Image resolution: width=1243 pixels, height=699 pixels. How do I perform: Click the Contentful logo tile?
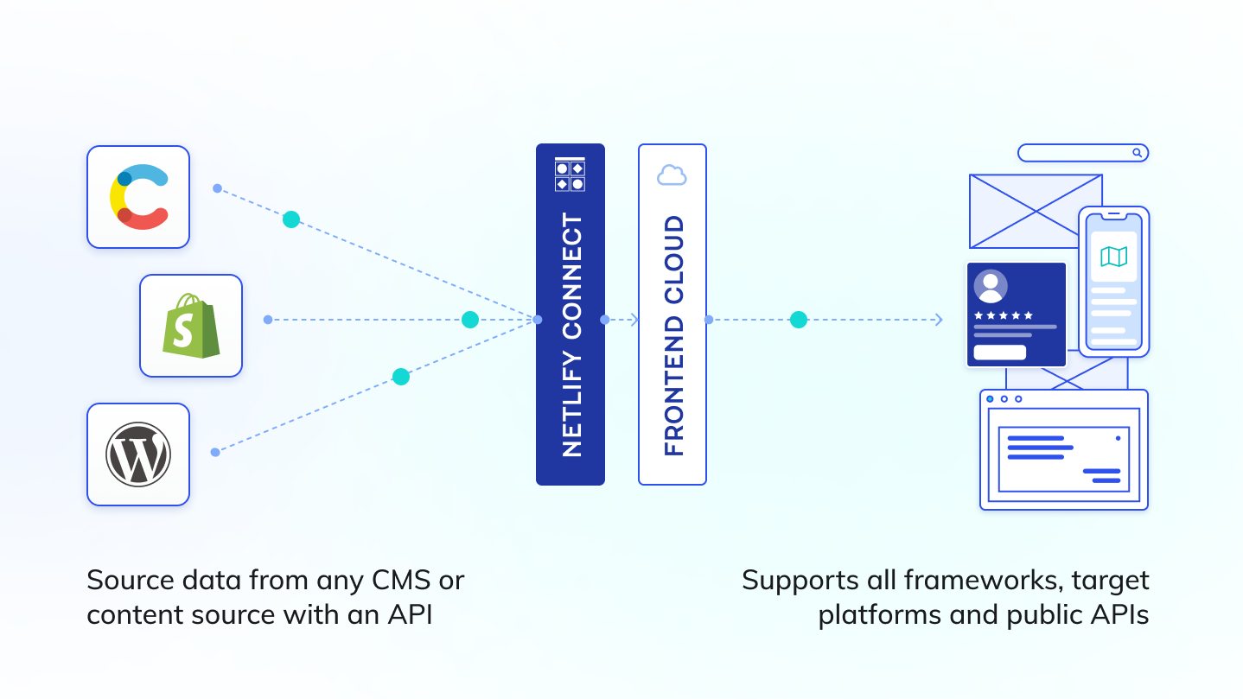coord(138,197)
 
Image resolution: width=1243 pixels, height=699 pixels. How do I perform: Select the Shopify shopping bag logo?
coord(191,326)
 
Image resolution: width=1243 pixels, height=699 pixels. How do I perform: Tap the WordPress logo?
coord(138,454)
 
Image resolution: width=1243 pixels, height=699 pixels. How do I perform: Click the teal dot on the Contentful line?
coord(291,219)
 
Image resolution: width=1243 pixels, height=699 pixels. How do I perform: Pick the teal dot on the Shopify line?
coord(470,320)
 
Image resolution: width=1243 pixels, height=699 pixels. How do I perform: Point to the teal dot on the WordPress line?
coord(400,377)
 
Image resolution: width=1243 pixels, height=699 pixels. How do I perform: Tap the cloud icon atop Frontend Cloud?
coord(672,175)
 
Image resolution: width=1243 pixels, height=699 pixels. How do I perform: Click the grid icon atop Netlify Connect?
coord(570,175)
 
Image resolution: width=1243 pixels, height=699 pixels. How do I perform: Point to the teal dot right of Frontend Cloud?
coord(799,320)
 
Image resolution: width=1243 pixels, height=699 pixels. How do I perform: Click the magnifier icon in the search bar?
coord(1138,153)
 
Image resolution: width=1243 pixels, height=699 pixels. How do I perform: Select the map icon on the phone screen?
coord(1113,257)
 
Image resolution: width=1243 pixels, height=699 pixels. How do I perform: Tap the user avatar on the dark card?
coord(991,286)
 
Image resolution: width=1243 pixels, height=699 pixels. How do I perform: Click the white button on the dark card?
coord(999,353)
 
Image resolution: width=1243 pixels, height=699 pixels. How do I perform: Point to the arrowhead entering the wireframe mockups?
coord(939,320)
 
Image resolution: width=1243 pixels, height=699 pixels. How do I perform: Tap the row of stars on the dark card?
coord(1003,315)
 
